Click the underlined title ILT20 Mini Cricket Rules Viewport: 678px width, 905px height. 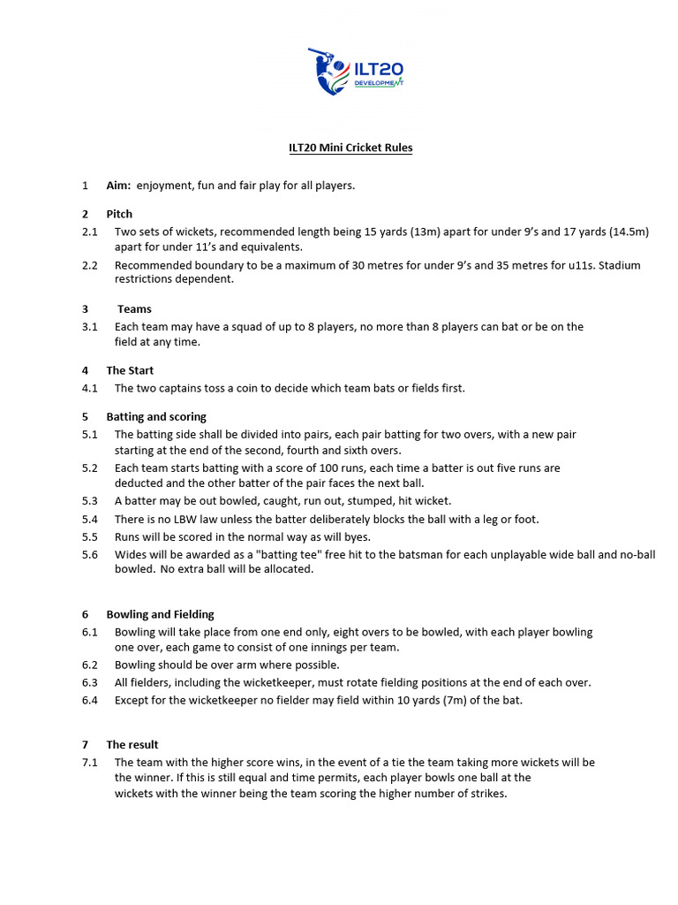pyautogui.click(x=350, y=148)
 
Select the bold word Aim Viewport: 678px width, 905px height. pyautogui.click(x=117, y=186)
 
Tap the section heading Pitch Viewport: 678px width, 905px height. pyautogui.click(x=119, y=214)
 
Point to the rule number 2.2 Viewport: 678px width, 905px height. pyautogui.click(x=90, y=265)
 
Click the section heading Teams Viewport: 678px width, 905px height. pyautogui.click(x=134, y=309)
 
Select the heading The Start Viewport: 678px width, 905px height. pyautogui.click(x=130, y=370)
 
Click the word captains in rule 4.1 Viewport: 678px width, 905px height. pyautogui.click(x=182, y=388)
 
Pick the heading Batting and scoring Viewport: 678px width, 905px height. pyautogui.click(x=156, y=416)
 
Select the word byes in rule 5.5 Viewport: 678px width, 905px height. pyautogui.click(x=356, y=536)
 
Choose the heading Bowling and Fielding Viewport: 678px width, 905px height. pyautogui.click(x=160, y=614)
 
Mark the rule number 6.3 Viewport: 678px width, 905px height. pyautogui.click(x=90, y=682)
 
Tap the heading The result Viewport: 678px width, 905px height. pyautogui.click(x=132, y=744)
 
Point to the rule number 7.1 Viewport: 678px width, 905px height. pyautogui.click(x=90, y=762)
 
